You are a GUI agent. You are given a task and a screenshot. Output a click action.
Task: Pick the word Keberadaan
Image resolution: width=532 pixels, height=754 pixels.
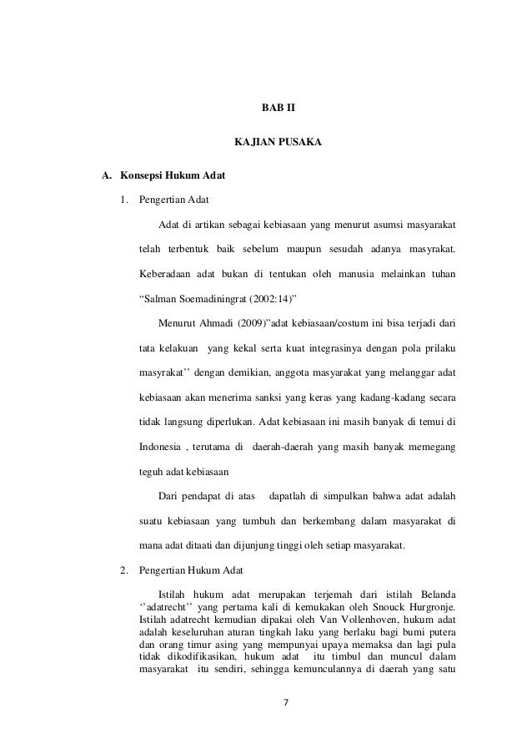click(x=165, y=272)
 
